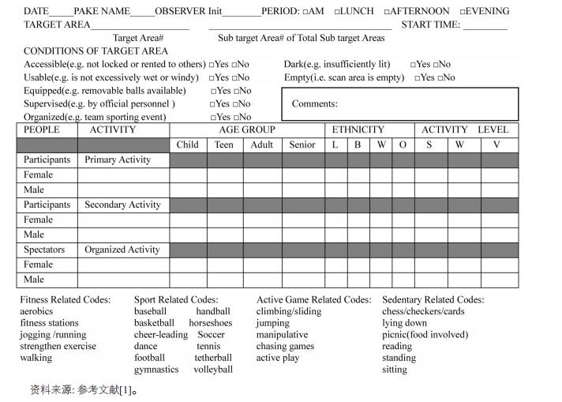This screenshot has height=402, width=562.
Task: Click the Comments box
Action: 400,104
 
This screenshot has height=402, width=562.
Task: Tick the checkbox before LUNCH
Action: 337,12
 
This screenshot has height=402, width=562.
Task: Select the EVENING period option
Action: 463,12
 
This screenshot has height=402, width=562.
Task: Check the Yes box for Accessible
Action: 212,65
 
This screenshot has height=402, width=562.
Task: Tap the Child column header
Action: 188,145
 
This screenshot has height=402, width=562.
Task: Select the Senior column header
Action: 302,145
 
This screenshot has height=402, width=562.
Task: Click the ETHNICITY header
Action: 358,130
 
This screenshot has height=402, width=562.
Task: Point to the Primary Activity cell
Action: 118,160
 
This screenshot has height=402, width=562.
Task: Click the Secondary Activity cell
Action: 122,205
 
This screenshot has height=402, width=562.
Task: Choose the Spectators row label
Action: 43,250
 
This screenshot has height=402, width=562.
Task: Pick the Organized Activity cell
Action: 122,250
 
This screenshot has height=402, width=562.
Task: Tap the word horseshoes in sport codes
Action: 211,323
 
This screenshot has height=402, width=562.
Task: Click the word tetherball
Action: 213,358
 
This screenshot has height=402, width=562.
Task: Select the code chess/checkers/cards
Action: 423,311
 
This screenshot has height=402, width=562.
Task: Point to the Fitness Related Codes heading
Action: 66,300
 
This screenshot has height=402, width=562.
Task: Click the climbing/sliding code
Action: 289,311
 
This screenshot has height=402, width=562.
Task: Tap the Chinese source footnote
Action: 84,389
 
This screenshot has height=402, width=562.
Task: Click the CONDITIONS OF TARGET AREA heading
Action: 96,51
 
